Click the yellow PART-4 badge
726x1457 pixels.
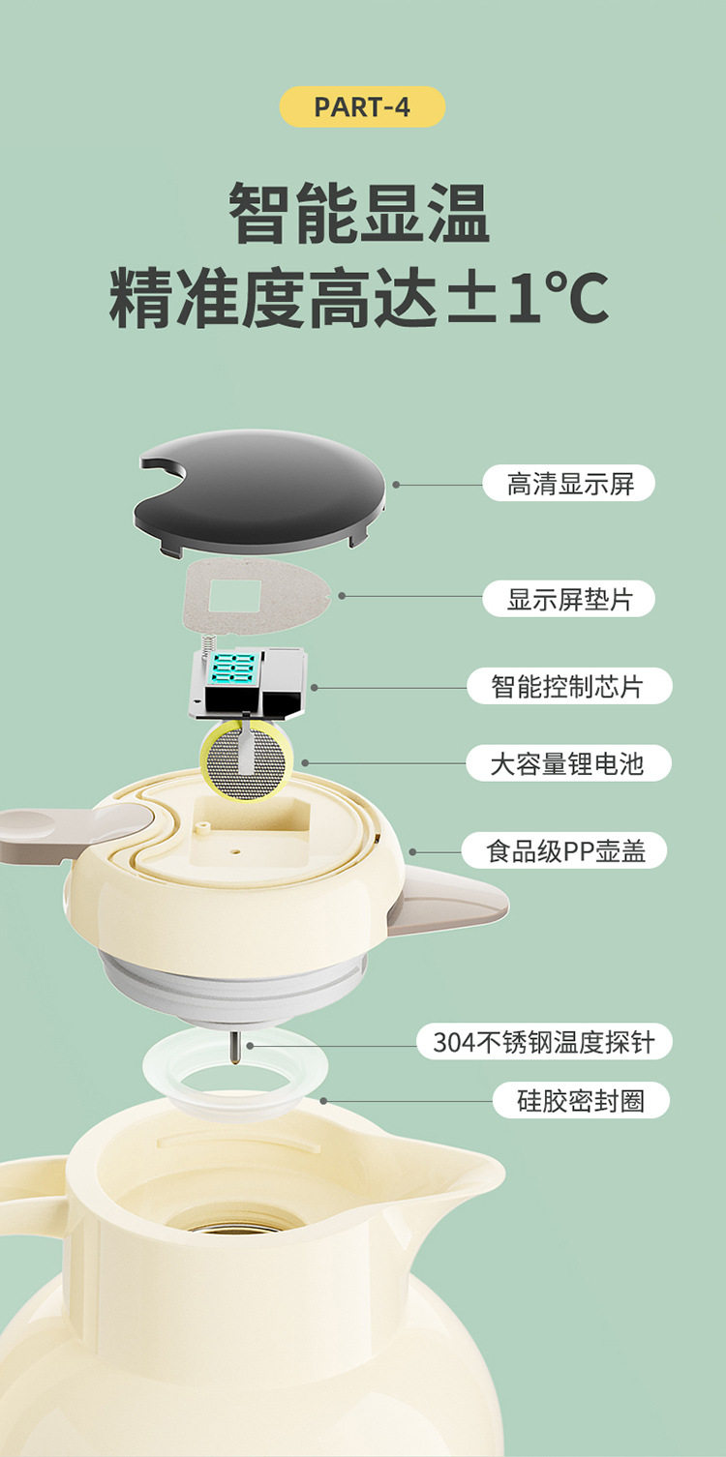pyautogui.click(x=362, y=106)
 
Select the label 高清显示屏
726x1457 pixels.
pyautogui.click(x=569, y=483)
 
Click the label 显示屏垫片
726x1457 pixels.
pyautogui.click(x=569, y=599)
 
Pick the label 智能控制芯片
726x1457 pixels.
pyautogui.click(x=569, y=686)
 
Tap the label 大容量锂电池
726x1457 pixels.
pyautogui.click(x=569, y=763)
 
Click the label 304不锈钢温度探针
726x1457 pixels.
pyautogui.click(x=545, y=1042)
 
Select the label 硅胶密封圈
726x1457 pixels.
pyautogui.click(x=580, y=1100)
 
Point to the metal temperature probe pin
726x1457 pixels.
pyautogui.click(x=234, y=1048)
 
